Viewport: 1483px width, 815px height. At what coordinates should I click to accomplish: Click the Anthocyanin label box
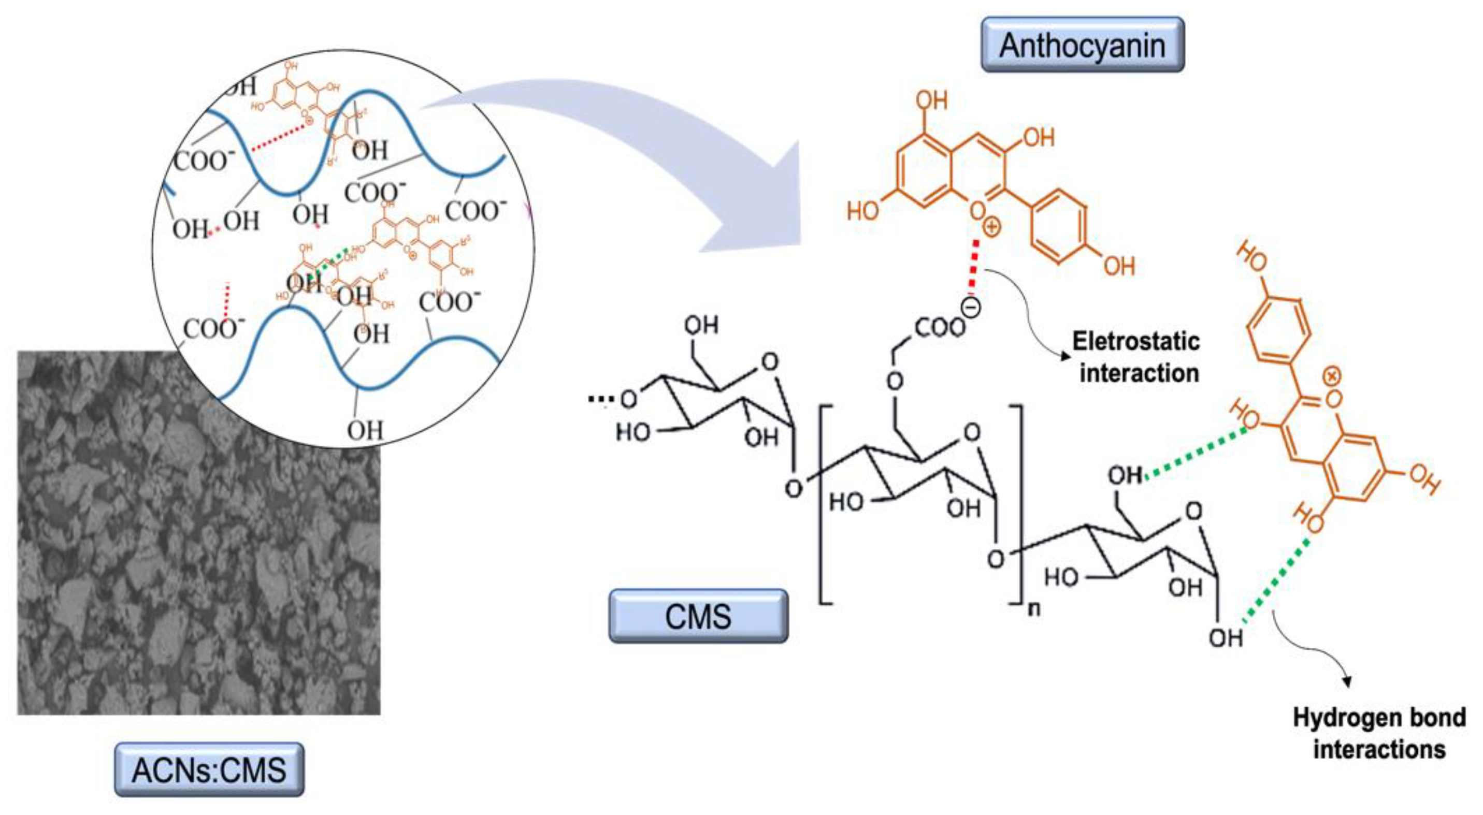(1082, 45)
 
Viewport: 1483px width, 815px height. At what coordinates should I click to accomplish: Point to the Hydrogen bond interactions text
(1379, 734)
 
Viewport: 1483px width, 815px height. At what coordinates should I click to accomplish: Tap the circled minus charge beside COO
(971, 309)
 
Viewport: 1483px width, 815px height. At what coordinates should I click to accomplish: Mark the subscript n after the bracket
(1034, 609)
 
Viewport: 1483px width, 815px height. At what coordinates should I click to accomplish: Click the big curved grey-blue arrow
(662, 144)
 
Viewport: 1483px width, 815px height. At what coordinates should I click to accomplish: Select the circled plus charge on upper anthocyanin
(991, 227)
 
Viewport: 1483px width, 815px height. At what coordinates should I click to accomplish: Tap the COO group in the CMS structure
(939, 328)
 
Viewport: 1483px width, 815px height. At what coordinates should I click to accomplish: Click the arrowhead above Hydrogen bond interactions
(1347, 682)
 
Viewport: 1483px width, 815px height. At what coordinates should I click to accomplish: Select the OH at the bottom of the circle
(365, 429)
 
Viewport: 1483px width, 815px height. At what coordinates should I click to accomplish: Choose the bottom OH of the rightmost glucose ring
(1225, 638)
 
